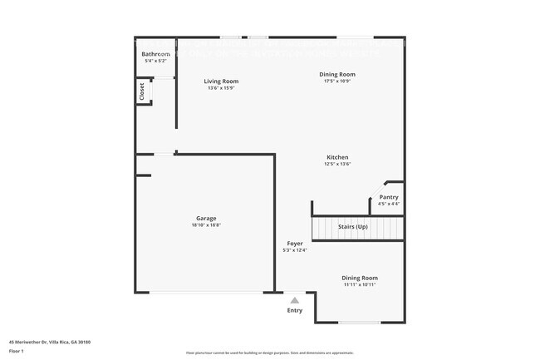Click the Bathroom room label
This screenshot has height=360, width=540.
(x=157, y=54)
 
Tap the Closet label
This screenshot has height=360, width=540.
(x=142, y=91)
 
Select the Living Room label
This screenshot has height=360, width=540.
(x=222, y=81)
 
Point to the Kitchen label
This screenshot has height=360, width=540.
(x=336, y=157)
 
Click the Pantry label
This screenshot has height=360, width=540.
(x=389, y=197)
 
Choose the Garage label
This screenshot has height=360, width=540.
(x=206, y=218)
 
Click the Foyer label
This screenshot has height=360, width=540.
(x=295, y=244)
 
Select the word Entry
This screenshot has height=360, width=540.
(x=295, y=311)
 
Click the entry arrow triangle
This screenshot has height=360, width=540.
(x=294, y=300)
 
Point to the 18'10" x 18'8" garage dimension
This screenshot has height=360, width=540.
(x=206, y=224)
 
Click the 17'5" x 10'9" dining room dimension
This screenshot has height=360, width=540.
(x=337, y=81)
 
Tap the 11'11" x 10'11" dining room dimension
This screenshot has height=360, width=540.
(x=360, y=284)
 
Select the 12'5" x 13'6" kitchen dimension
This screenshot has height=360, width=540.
(x=337, y=164)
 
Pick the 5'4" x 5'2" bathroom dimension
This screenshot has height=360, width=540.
(x=156, y=61)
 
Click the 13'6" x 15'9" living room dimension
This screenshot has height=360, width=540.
(x=222, y=88)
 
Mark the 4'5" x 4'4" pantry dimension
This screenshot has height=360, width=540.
(x=389, y=204)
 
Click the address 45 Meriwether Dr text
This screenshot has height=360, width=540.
(x=50, y=342)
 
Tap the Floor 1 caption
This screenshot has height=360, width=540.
(x=17, y=351)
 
